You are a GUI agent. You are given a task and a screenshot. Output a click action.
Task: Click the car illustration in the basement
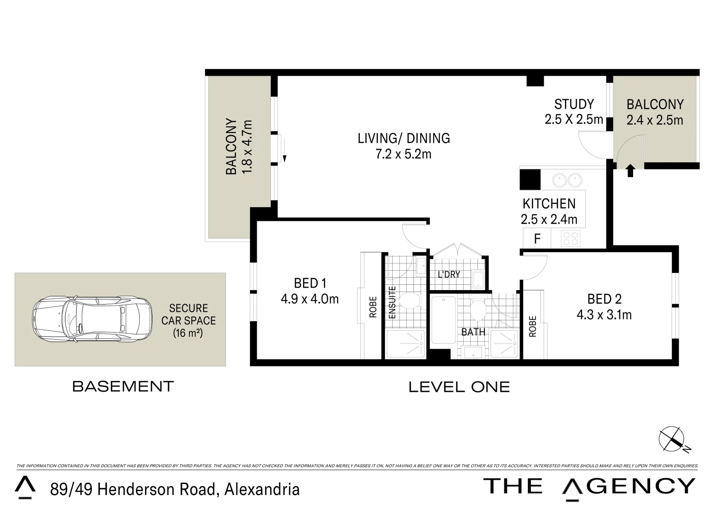pyautogui.click(x=92, y=319)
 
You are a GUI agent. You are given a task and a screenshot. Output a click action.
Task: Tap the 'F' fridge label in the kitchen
pyautogui.click(x=537, y=239)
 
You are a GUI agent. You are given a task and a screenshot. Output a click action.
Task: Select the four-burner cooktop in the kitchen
pyautogui.click(x=571, y=238)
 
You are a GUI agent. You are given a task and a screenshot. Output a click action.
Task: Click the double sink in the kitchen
pyautogui.click(x=567, y=179)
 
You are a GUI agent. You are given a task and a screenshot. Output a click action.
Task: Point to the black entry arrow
pyautogui.click(x=630, y=170)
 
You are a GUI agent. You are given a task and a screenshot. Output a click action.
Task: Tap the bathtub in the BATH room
pyautogui.click(x=444, y=320)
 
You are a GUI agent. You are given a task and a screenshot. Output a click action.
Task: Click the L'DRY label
pyautogui.click(x=449, y=274)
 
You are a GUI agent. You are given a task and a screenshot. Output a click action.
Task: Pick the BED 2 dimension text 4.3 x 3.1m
pyautogui.click(x=604, y=315)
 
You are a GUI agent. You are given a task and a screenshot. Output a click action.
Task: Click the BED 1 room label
pyautogui.click(x=310, y=283)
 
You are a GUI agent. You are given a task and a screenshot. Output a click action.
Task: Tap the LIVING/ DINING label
pyautogui.click(x=403, y=138)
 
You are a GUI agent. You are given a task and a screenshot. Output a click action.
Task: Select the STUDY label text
pyautogui.click(x=574, y=104)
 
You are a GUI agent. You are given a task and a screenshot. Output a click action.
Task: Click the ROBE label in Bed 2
pyautogui.click(x=533, y=326)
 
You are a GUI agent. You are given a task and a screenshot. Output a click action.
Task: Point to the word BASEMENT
pyautogui.click(x=123, y=386)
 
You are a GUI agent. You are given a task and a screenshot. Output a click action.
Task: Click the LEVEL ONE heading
pyautogui.click(x=459, y=387)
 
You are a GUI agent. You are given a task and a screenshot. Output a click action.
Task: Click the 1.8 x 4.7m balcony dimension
pyautogui.click(x=247, y=147)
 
